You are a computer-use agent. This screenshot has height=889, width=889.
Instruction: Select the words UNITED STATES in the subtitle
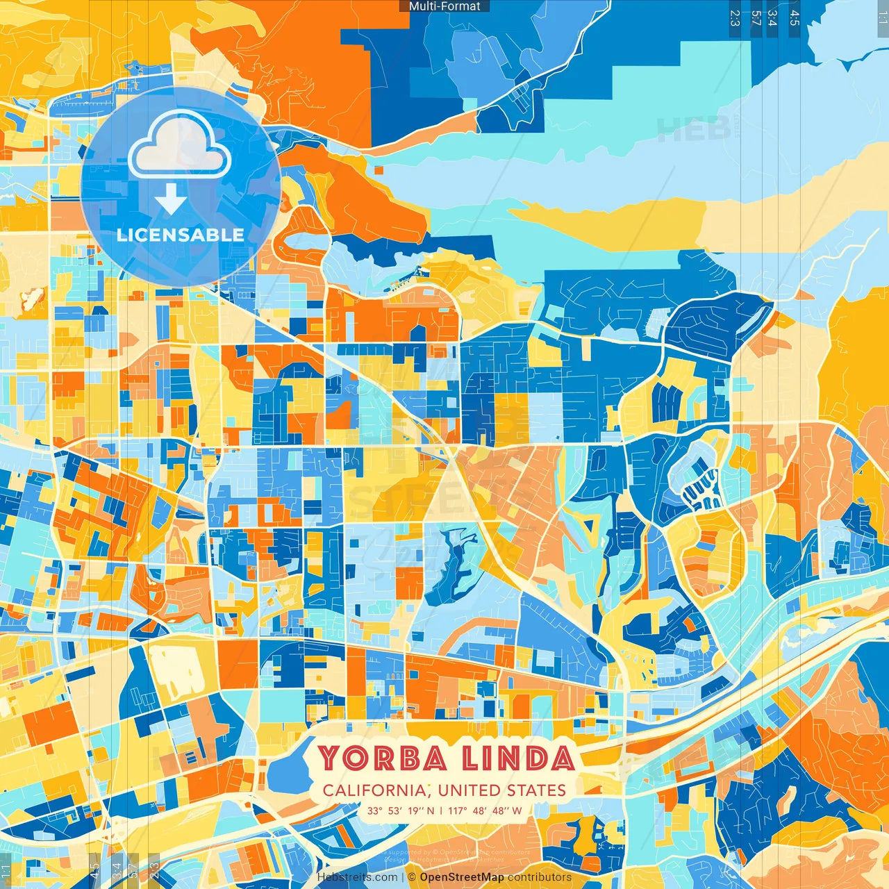[502, 790]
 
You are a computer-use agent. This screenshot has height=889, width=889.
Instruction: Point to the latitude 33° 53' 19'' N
[401, 811]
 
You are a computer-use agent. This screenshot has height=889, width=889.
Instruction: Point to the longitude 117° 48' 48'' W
[485, 811]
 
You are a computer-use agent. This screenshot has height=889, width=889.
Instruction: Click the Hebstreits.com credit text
[357, 877]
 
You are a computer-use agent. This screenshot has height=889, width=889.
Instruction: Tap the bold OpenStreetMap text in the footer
[461, 877]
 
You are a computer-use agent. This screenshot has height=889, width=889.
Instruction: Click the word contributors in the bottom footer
[539, 877]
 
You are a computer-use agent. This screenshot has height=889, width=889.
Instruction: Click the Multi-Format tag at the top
[444, 6]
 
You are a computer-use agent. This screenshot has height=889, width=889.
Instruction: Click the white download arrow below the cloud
[170, 200]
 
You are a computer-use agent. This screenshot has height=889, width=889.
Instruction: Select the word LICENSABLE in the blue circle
[181, 235]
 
